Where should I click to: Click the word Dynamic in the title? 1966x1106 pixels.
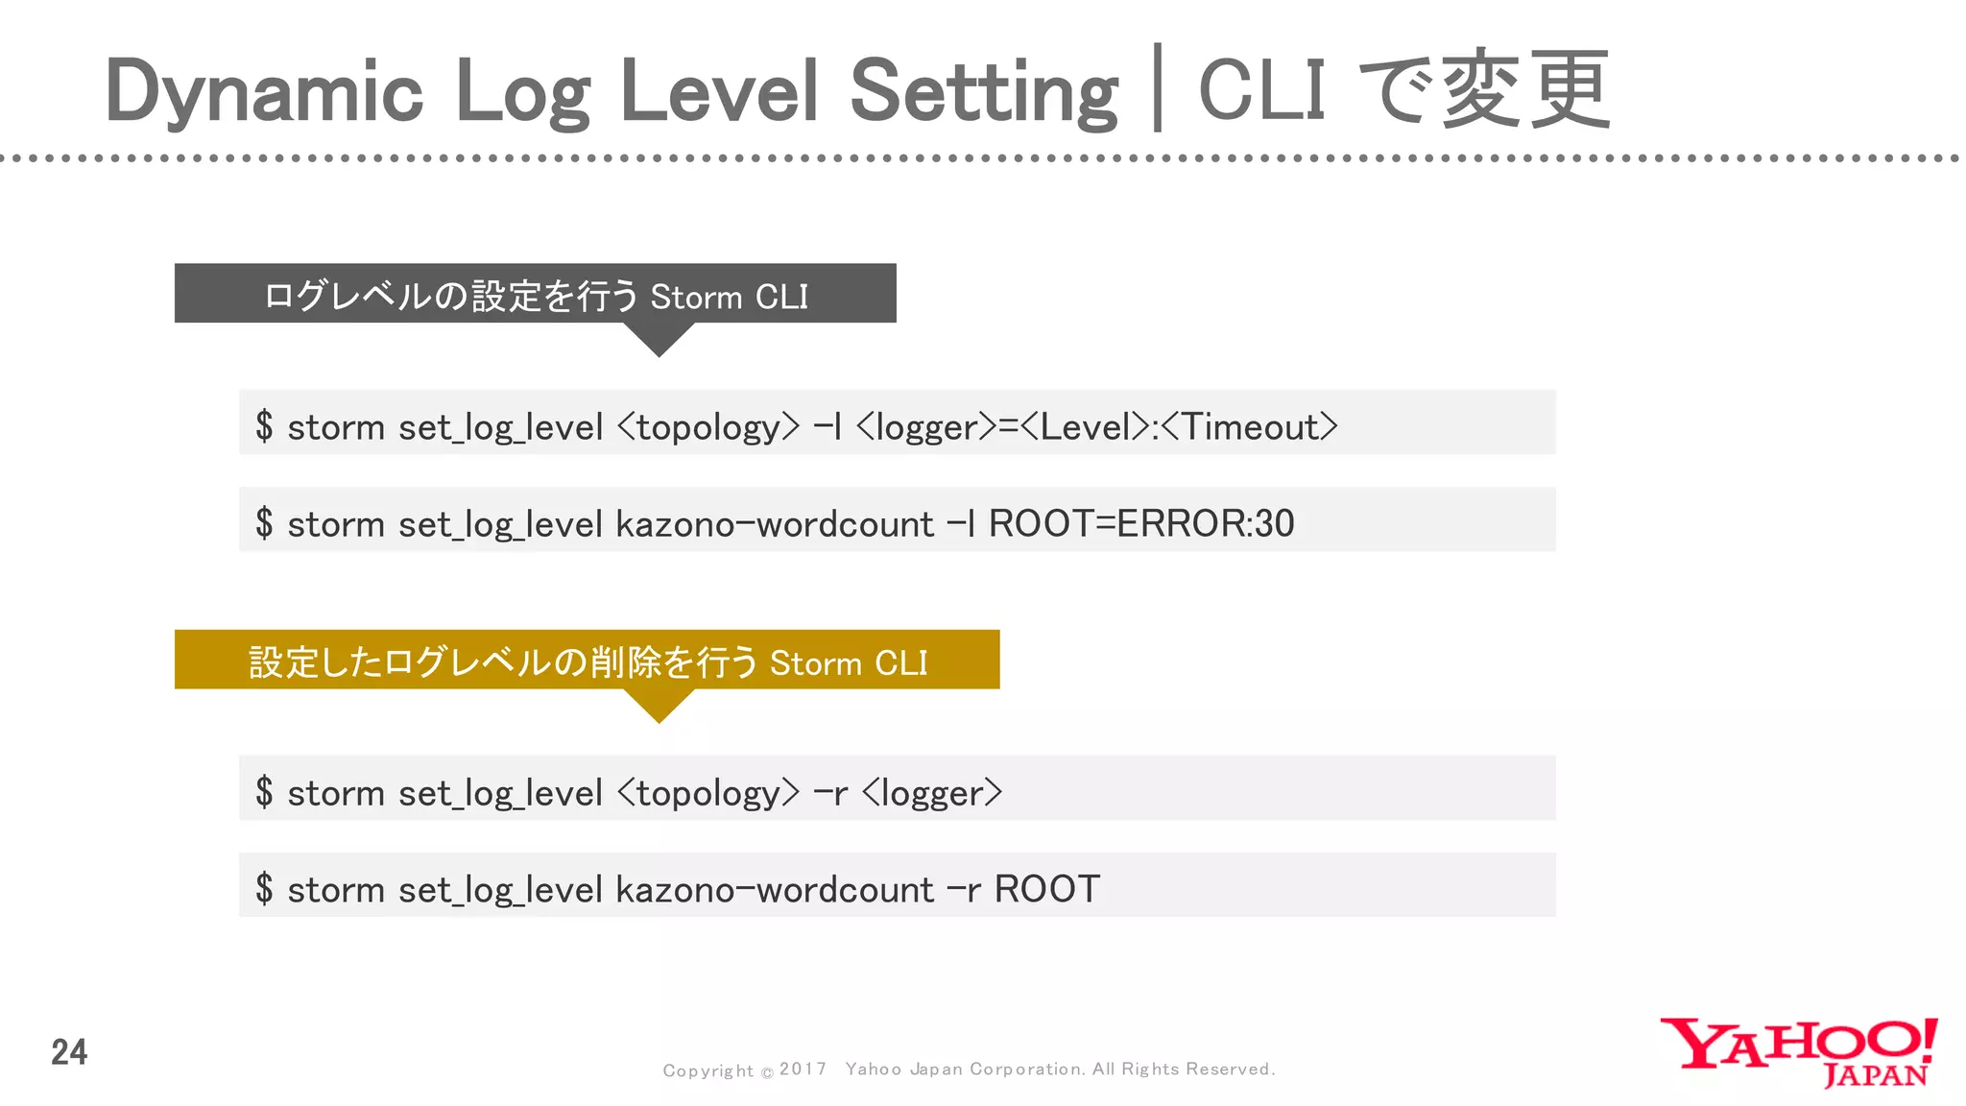(264, 92)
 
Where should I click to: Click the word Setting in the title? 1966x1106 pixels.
(984, 92)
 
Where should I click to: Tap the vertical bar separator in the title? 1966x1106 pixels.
(1158, 88)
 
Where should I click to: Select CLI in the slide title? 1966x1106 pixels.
(1261, 90)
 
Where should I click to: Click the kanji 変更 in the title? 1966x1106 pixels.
(1526, 90)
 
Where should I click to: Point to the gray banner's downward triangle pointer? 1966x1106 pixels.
(659, 338)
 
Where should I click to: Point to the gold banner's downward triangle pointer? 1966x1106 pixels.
(659, 705)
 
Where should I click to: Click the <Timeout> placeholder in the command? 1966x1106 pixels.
(1249, 426)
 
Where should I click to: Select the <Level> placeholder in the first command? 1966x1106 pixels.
(1084, 426)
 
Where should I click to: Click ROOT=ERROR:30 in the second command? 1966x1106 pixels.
(1141, 524)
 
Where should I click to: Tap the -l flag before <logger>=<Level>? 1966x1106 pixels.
(827, 426)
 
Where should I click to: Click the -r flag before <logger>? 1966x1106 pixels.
(830, 793)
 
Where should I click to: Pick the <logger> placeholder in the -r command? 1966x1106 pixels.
(931, 793)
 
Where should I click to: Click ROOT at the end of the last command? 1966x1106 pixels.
(1046, 889)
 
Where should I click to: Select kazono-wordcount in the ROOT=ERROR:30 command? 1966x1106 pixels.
(774, 524)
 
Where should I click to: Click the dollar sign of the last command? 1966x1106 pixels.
(264, 889)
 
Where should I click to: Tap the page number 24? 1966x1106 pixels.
(69, 1052)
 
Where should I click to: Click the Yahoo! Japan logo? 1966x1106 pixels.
(1798, 1051)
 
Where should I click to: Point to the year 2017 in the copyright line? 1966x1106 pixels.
(803, 1069)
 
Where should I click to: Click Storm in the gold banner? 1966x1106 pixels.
(816, 662)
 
